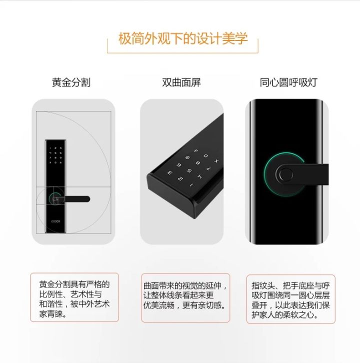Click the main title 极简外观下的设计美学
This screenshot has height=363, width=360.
(x=182, y=39)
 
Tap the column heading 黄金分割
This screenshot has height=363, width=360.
(x=71, y=82)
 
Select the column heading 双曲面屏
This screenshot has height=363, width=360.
(x=181, y=82)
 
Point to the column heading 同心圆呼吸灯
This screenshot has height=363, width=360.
(x=288, y=82)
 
